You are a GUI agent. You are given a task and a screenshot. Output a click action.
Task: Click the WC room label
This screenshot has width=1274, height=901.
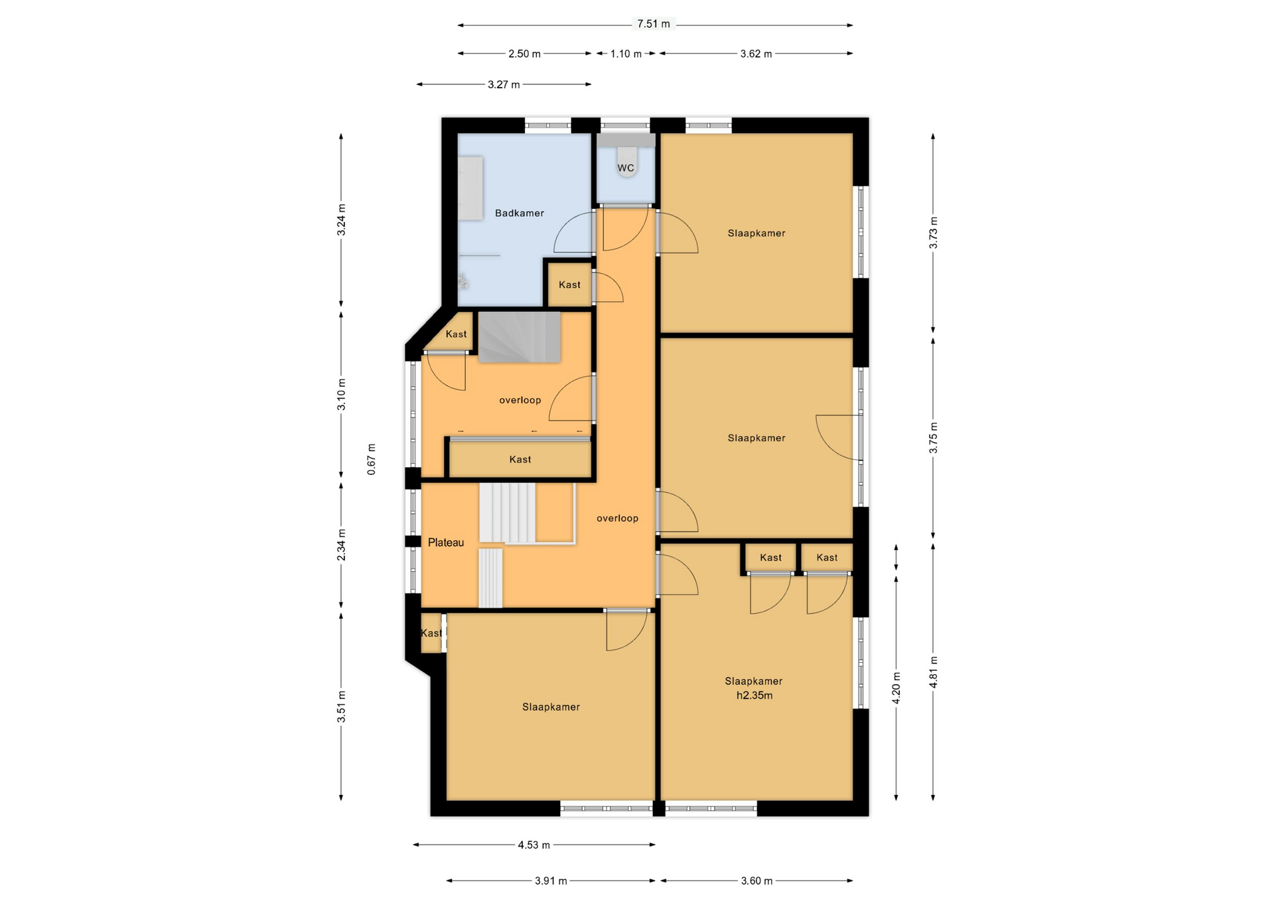click(626, 168)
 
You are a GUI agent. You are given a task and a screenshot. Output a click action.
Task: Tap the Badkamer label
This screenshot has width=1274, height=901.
click(520, 213)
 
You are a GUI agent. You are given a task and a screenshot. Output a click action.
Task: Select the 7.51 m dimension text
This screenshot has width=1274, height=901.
click(654, 24)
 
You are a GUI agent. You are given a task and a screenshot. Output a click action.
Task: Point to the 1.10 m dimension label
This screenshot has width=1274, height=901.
click(626, 54)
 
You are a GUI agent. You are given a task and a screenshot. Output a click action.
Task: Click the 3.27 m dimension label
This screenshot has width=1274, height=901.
click(504, 84)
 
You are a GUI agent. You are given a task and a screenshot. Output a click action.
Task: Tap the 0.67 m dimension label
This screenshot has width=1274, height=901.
click(372, 459)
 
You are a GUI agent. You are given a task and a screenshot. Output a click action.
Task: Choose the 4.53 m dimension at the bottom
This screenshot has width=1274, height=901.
click(533, 845)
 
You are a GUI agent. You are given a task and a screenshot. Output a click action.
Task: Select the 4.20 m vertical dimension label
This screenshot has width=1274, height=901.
click(896, 688)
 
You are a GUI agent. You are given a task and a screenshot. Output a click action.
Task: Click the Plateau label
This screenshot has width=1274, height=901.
click(446, 543)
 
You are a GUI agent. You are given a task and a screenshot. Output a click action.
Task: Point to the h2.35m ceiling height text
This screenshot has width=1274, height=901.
click(754, 695)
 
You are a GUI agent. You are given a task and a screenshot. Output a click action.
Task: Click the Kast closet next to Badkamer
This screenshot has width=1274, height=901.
click(569, 285)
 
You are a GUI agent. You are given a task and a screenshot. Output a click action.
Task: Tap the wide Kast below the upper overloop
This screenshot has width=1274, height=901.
click(520, 459)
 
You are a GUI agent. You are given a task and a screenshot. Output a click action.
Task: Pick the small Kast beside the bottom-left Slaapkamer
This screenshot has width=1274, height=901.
click(432, 633)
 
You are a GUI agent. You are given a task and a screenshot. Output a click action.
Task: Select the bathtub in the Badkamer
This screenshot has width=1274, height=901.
click(470, 188)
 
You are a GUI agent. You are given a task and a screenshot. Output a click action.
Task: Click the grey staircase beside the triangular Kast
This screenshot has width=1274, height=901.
click(520, 338)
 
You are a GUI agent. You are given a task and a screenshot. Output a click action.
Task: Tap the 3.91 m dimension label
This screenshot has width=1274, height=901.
click(551, 881)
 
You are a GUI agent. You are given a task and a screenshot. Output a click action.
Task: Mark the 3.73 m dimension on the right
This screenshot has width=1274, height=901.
click(933, 233)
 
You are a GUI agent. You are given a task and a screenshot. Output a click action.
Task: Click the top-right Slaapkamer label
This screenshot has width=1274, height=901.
click(756, 233)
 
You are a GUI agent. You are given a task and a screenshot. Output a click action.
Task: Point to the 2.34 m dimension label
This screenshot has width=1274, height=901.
click(341, 545)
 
